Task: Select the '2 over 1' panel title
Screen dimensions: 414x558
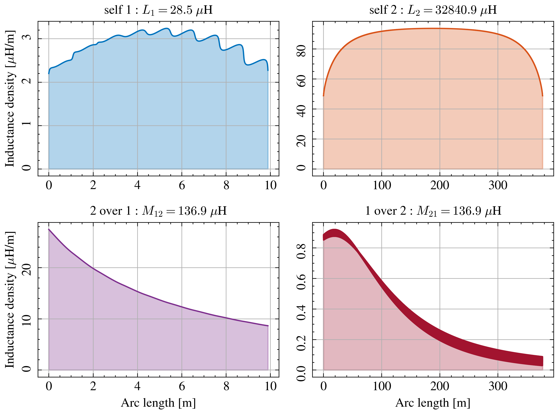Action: tap(158, 211)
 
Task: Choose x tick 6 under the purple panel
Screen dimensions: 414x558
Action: tap(182, 386)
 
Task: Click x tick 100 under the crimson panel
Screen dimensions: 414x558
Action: tap(382, 386)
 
